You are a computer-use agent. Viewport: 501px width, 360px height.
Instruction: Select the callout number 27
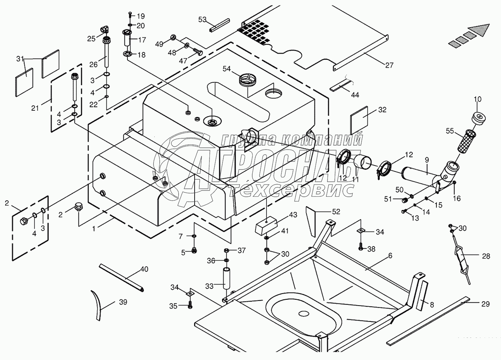(389, 65)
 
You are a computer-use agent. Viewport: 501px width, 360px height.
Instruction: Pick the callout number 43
(293, 215)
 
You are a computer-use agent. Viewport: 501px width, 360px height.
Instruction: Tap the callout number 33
(209, 286)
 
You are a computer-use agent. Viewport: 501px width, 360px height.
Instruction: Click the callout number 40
(144, 270)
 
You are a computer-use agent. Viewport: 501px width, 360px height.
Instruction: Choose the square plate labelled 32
(359, 120)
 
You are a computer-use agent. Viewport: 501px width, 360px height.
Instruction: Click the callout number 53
(202, 19)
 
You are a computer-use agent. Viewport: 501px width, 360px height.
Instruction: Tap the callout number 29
(486, 304)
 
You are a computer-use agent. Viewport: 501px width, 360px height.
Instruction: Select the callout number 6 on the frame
(390, 255)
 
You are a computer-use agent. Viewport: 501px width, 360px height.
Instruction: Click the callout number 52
(336, 212)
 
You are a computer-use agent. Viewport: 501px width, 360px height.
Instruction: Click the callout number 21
(35, 108)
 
